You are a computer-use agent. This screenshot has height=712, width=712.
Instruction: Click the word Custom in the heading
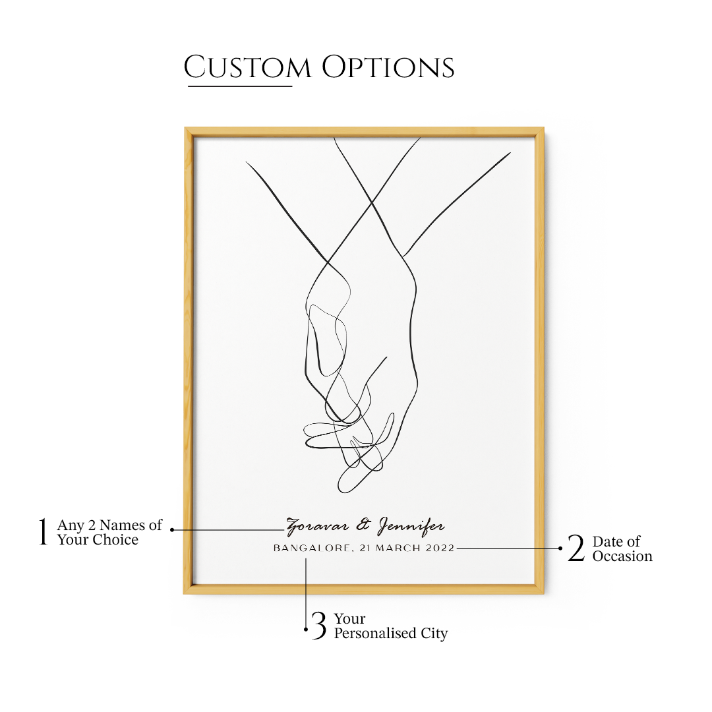click(247, 68)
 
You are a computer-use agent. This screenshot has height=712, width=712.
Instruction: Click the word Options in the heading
click(388, 68)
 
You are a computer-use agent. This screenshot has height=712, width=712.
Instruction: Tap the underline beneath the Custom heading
click(239, 86)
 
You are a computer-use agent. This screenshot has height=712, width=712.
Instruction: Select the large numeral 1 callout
click(44, 532)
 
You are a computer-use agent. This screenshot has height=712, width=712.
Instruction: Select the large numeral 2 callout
click(576, 549)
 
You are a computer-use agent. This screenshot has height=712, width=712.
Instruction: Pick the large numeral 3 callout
click(319, 626)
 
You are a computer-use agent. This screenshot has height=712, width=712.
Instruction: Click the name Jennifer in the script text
click(411, 527)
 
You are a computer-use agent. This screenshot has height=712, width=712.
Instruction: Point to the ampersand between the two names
click(363, 526)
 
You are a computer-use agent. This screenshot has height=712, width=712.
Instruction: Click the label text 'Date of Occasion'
click(622, 549)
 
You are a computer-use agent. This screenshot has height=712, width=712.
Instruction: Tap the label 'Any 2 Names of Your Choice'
click(109, 532)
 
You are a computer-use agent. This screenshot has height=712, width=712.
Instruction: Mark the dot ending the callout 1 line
click(172, 529)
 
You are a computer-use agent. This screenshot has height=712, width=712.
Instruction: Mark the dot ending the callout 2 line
click(560, 548)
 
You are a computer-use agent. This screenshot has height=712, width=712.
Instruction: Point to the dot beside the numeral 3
click(306, 630)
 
